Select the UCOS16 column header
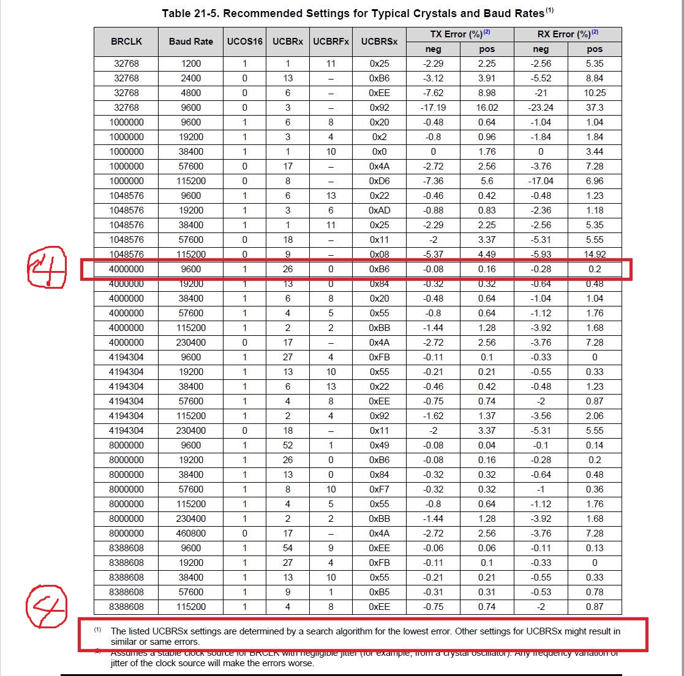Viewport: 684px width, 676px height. [244, 42]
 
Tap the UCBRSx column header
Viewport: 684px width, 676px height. [379, 42]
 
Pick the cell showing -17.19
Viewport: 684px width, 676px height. [434, 108]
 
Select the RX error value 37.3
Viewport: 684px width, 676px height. [594, 108]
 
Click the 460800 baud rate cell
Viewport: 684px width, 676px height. [191, 533]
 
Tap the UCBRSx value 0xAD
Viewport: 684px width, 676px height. [379, 210]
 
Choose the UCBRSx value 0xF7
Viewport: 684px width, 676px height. [379, 489]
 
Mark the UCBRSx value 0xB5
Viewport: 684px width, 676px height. [379, 592]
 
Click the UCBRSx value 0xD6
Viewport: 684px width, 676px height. [379, 181]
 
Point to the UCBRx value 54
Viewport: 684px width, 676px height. [288, 548]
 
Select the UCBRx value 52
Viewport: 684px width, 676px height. [288, 445]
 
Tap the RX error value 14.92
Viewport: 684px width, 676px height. [594, 254]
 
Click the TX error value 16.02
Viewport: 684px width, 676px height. [487, 108]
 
